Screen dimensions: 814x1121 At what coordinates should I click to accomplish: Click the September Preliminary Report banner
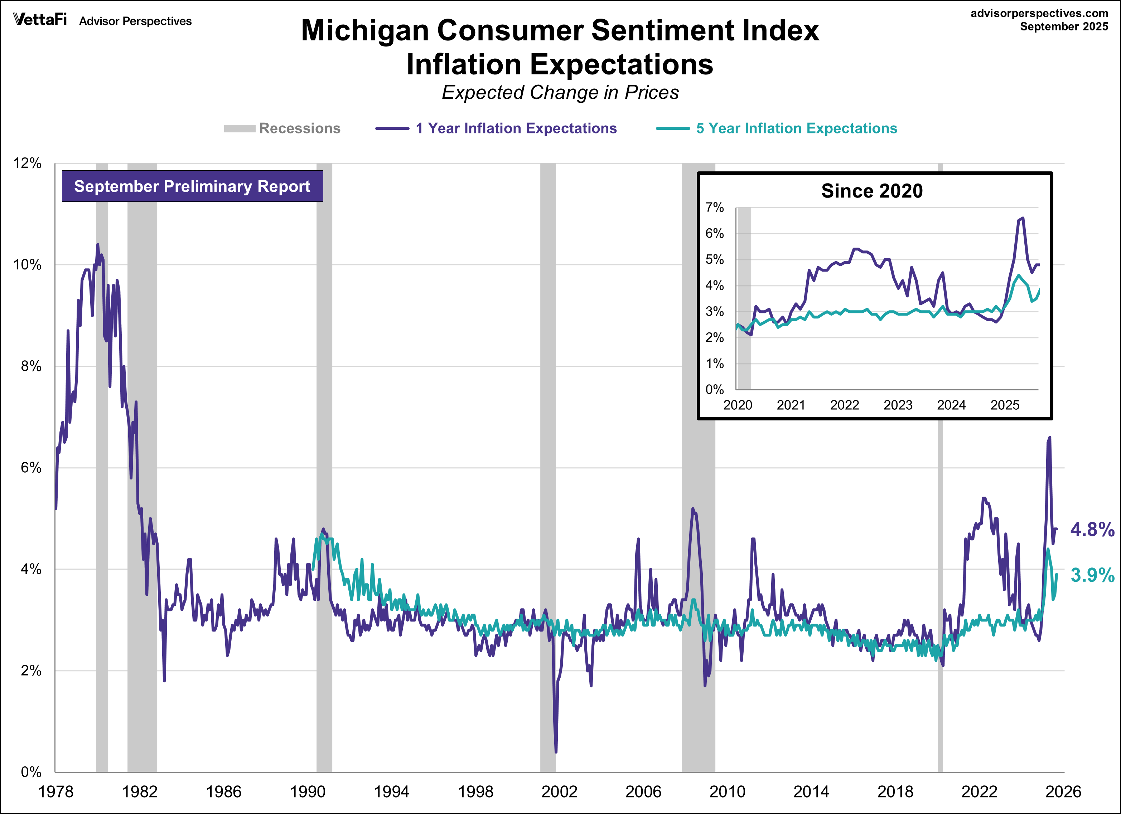pyautogui.click(x=192, y=186)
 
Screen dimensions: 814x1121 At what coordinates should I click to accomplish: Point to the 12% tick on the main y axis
pyautogui.click(x=27, y=164)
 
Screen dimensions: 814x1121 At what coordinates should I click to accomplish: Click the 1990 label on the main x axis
pyautogui.click(x=308, y=792)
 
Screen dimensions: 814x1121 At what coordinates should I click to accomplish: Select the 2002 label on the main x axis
pyautogui.click(x=559, y=792)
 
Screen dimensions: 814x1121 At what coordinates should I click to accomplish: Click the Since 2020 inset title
pyautogui.click(x=871, y=191)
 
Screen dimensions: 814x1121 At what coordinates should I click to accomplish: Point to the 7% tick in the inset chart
pyautogui.click(x=714, y=208)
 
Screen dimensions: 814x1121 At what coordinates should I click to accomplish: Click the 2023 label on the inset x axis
pyautogui.click(x=898, y=405)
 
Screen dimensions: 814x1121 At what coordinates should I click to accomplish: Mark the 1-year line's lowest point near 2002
pyautogui.click(x=556, y=752)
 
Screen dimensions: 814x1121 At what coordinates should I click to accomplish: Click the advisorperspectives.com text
pyautogui.click(x=1039, y=13)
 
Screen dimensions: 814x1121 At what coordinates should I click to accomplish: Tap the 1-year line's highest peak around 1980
pyautogui.click(x=97, y=244)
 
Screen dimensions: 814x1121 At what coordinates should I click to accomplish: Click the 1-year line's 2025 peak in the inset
pyautogui.click(x=1023, y=218)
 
